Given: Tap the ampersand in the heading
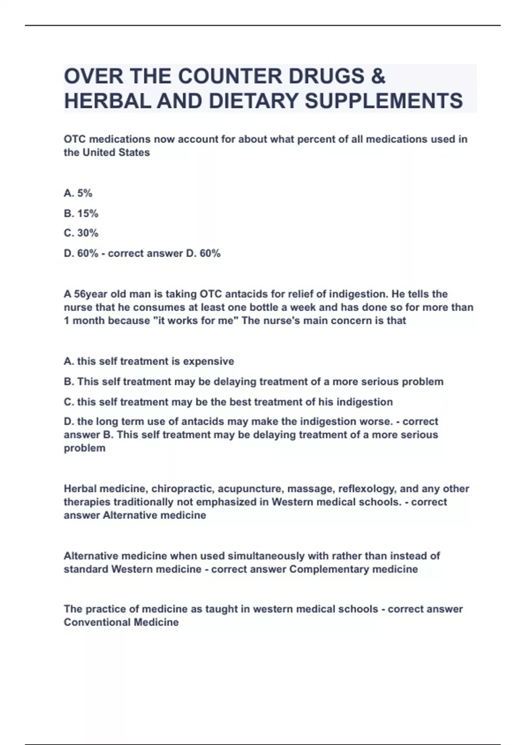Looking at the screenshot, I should (x=378, y=76).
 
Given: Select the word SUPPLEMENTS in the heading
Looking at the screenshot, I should (x=384, y=101).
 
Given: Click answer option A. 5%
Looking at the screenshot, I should (x=78, y=193).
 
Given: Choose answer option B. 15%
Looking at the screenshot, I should (x=81, y=213).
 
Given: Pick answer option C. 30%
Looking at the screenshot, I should (x=81, y=233).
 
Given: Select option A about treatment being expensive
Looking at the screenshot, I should (x=149, y=362).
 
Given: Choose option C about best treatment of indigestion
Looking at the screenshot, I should (x=228, y=402).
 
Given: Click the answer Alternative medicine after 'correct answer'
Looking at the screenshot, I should (x=154, y=515).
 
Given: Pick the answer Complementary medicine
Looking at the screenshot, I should (x=353, y=569).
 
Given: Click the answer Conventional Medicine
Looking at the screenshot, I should (x=121, y=622).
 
